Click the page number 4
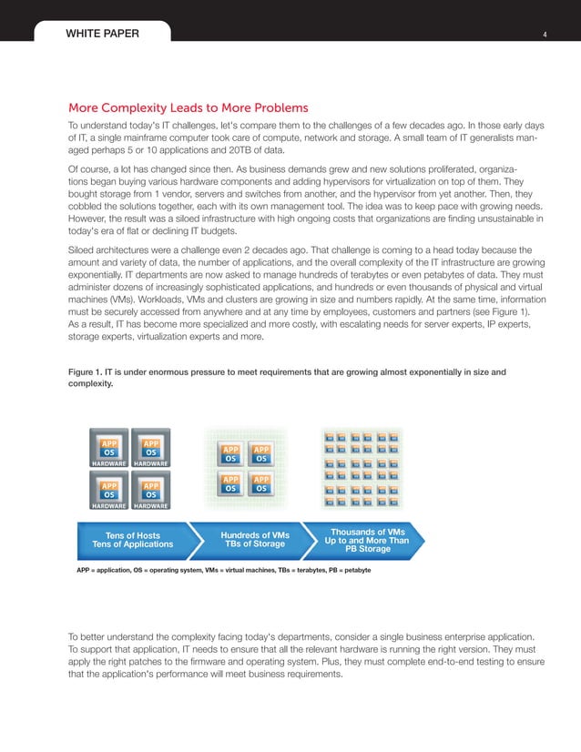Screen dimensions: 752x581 544,35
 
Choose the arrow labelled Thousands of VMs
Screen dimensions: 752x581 367,540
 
